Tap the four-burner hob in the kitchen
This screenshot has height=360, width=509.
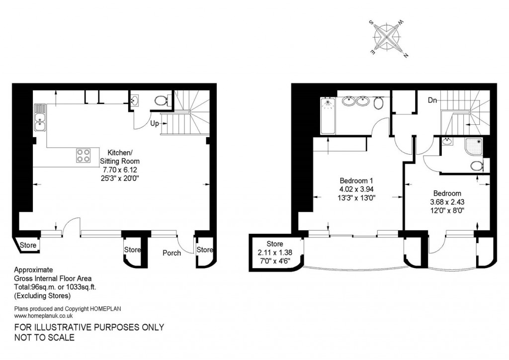tap(84, 155)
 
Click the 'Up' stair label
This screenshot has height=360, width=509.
tap(155, 123)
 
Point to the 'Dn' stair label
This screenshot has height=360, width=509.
tap(433, 100)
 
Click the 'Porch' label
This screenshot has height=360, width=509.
tap(172, 253)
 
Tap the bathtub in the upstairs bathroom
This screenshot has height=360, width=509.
tap(328, 116)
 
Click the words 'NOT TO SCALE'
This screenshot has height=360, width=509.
tap(44, 338)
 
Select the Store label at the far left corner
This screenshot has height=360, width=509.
tap(28, 245)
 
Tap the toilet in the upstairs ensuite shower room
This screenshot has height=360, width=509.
tap(476, 166)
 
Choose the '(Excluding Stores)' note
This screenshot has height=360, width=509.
tap(42, 296)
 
